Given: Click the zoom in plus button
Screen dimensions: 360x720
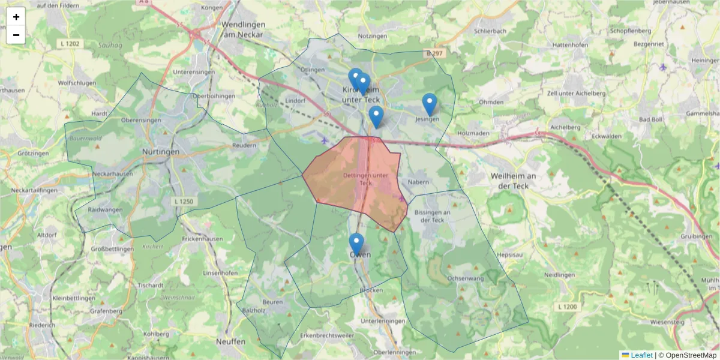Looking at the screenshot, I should coord(16,17).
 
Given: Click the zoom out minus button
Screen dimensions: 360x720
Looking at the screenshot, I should coord(16,35).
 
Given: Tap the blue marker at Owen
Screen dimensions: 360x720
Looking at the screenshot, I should coord(356,244).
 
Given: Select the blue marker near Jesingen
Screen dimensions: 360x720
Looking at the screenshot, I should coord(429,104).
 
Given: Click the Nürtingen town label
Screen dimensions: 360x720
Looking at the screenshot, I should coord(161,152).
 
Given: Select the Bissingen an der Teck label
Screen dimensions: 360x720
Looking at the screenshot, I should coord(432,216).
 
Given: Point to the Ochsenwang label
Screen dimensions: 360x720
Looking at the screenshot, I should coord(466,278).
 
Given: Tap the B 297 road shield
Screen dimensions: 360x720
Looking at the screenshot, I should coord(436,53).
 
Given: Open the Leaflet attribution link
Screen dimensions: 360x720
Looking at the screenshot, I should coord(641,355).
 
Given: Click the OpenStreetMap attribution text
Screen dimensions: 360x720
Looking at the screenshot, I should coord(687,355).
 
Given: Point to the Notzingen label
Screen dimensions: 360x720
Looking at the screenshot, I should coord(373,36).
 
